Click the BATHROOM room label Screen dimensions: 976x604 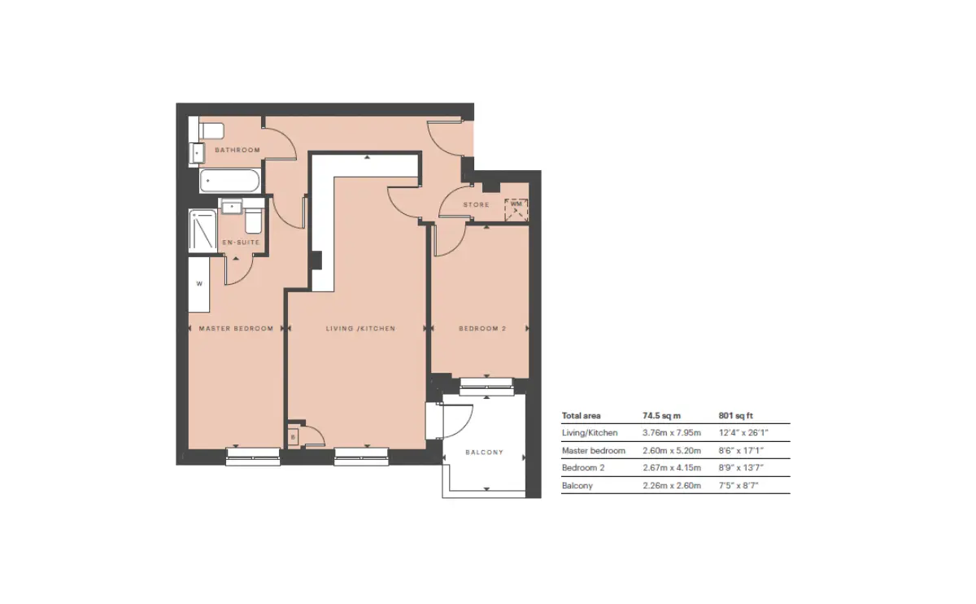[x=237, y=150]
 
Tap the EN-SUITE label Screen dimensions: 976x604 [x=241, y=243]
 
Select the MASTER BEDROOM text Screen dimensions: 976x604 [x=236, y=328]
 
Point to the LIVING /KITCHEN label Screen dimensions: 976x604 [x=361, y=328]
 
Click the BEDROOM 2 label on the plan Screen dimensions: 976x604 [x=482, y=328]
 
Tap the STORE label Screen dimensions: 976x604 [x=477, y=204]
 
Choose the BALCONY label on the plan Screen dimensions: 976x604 [x=485, y=453]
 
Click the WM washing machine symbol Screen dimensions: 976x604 [x=516, y=210]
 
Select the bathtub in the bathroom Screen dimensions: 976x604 [x=229, y=181]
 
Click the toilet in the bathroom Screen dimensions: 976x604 [x=211, y=131]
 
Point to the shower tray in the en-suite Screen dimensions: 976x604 [x=203, y=231]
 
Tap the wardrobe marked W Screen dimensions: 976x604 [x=199, y=284]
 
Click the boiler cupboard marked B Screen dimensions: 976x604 [x=293, y=437]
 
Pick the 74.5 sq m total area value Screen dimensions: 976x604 [x=661, y=416]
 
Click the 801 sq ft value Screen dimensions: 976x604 [x=736, y=416]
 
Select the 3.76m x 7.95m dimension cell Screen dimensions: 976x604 [x=672, y=433]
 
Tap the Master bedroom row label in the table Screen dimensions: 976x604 [x=594, y=450]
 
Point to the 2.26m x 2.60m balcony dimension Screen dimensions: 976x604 [x=672, y=485]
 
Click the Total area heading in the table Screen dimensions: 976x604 [x=582, y=416]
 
